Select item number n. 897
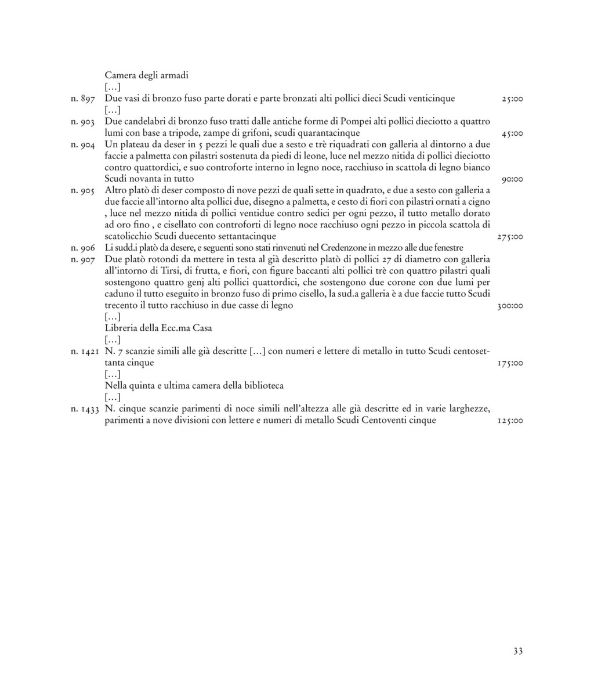coord(82,99)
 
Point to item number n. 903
coord(82,122)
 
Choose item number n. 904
coord(82,144)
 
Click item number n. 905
coord(82,190)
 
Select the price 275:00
coord(510,237)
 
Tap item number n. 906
coord(82,248)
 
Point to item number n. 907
coord(82,259)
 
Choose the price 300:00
coord(510,306)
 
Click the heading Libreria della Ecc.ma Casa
coord(158,328)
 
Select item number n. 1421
coord(85,352)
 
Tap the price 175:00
coord(510,363)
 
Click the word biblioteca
coord(263,386)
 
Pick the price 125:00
coord(510,421)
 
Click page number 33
coord(518,651)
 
